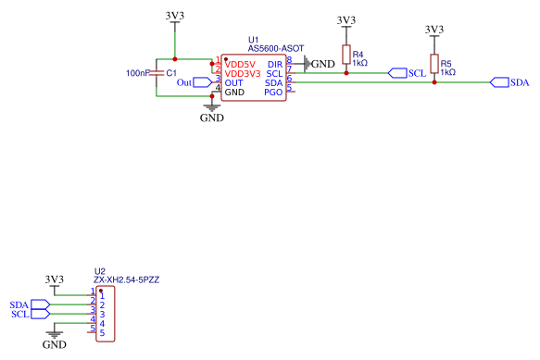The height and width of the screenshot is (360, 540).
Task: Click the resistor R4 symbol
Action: tap(346, 55)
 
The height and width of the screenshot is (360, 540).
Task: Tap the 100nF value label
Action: tap(137, 72)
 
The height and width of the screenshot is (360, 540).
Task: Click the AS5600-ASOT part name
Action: tap(275, 48)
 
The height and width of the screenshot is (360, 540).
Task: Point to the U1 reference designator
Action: tap(253, 40)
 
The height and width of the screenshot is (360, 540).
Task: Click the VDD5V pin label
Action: tap(240, 63)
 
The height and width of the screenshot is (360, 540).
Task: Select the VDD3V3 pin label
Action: tap(243, 72)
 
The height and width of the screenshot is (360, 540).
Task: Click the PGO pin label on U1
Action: tap(273, 93)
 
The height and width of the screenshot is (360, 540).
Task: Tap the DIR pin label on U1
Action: tap(274, 63)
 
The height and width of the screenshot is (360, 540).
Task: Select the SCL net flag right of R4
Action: tap(406, 72)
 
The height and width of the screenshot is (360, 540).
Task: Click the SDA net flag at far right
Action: tap(509, 82)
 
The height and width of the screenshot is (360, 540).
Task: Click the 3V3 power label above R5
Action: tap(433, 30)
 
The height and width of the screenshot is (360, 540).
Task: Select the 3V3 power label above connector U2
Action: tap(55, 279)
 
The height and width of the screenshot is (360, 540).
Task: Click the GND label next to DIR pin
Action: tap(322, 64)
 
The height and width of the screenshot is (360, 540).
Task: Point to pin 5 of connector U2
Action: tap(102, 333)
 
